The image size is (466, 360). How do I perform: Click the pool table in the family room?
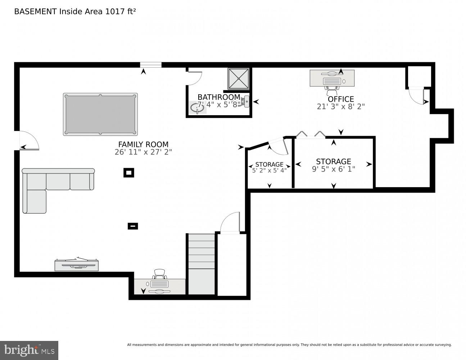(x=100, y=114)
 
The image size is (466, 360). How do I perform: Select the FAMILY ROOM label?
(x=143, y=144)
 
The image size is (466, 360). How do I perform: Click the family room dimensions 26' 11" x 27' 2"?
(x=143, y=152)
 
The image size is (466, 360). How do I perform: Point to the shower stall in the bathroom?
(x=239, y=78)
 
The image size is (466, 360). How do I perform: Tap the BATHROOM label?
(x=218, y=97)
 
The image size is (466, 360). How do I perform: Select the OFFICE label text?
(x=340, y=99)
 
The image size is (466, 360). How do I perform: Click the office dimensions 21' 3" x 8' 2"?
(x=340, y=107)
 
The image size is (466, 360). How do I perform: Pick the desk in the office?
(x=332, y=78)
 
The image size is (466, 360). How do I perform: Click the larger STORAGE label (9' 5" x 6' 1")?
(x=333, y=162)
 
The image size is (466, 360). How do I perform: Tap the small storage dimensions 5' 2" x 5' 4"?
(x=269, y=171)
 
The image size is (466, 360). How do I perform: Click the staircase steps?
(x=202, y=264)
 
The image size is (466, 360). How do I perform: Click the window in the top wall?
(x=150, y=65)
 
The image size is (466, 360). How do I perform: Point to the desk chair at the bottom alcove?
(x=160, y=275)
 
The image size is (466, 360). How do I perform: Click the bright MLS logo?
(x=29, y=350)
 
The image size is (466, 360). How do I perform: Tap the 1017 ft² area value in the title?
(x=120, y=12)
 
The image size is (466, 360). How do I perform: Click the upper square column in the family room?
(x=129, y=173)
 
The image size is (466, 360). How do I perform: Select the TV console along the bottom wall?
(x=77, y=265)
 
